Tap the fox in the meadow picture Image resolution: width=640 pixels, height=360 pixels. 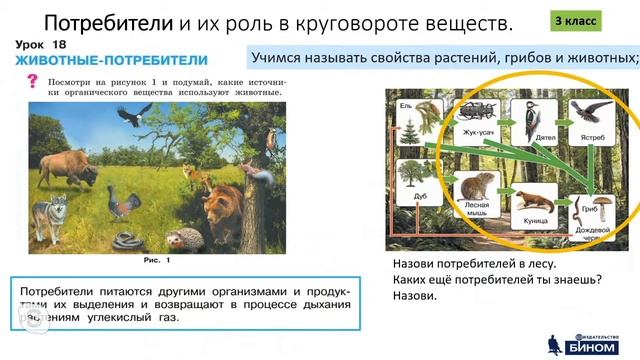(206, 181)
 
